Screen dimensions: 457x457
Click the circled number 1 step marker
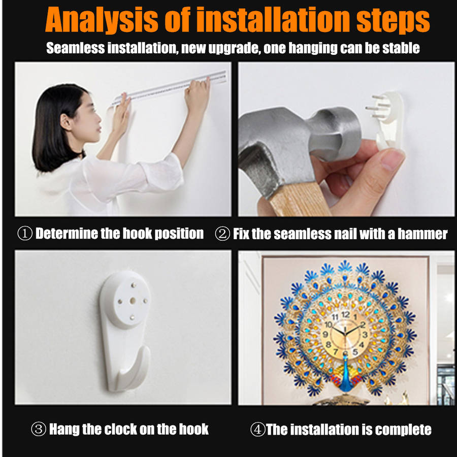click(25, 234)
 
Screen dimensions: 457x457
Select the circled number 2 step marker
click(222, 234)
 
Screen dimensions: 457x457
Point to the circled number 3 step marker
click(39, 429)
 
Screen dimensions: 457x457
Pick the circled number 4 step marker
click(258, 429)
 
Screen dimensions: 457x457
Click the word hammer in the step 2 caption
click(422, 234)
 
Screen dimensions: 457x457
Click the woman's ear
click(66, 122)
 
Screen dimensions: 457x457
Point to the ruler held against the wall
click(169, 87)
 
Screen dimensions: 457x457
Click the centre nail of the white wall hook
click(133, 300)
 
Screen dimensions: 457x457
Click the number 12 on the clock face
click(346, 314)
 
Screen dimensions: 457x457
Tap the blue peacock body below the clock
click(346, 375)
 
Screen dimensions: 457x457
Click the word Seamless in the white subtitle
click(76, 48)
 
